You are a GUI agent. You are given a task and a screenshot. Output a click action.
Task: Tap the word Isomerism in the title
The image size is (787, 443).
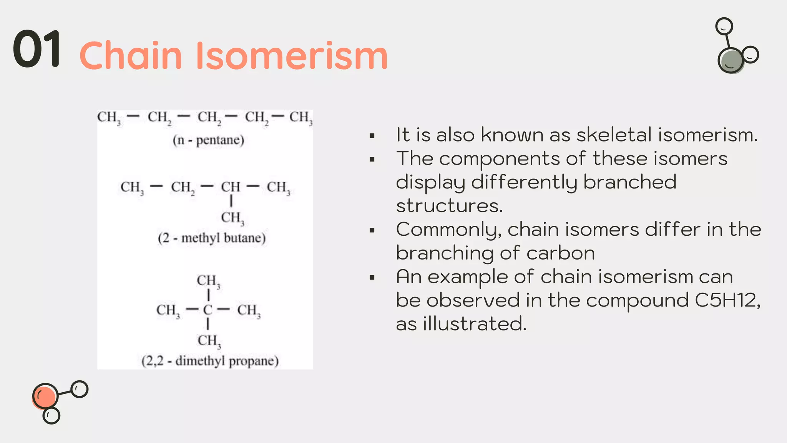coord(292,56)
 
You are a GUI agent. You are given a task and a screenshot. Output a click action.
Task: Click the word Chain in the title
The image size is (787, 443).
coord(131,56)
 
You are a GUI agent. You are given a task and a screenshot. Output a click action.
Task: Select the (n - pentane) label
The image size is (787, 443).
coord(208,140)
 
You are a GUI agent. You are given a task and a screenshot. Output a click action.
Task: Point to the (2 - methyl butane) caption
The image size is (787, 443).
coord(212,238)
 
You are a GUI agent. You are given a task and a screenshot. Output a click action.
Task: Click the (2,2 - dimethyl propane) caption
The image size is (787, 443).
coord(210,361)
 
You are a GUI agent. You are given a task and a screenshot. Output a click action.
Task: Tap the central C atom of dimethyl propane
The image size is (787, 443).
coord(208,310)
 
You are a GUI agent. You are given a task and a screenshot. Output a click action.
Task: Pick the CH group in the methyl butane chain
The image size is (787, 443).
coord(230,187)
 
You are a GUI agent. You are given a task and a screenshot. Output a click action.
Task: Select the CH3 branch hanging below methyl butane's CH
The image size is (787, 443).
coord(232,218)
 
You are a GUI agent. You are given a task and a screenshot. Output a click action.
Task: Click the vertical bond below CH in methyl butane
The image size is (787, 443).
coord(231,201)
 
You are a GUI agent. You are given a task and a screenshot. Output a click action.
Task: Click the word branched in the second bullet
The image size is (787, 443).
coord(630,182)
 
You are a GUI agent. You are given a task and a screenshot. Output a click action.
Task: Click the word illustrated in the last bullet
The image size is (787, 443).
coord(474,324)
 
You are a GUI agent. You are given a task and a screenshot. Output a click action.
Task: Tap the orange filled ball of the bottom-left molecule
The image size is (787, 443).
coord(45,396)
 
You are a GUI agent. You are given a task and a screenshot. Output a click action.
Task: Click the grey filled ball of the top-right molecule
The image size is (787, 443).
coord(731,61)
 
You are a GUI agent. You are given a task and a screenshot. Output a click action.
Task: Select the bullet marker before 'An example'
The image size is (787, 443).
coord(372,277)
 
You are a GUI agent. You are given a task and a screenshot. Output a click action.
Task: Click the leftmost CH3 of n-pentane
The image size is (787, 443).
coord(109,117)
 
